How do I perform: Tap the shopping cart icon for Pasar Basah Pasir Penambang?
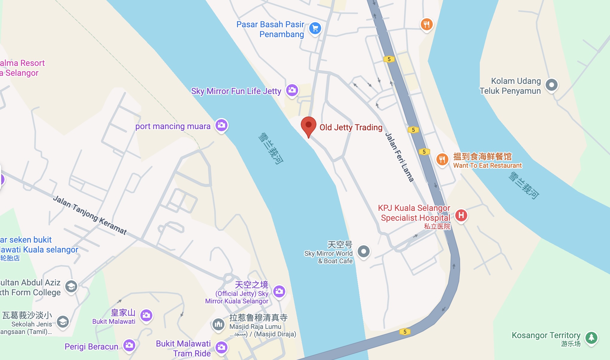click(315, 28)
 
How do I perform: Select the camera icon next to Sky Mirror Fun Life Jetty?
click(292, 90)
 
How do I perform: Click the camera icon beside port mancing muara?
click(221, 125)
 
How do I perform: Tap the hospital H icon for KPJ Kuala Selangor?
click(461, 215)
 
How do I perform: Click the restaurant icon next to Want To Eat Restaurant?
click(442, 159)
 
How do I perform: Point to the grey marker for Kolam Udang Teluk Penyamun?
click(551, 85)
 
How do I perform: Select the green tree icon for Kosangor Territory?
click(591, 338)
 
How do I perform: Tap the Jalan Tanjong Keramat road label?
click(90, 215)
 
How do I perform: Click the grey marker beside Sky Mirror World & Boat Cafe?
click(364, 251)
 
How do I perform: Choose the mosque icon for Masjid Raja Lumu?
click(218, 324)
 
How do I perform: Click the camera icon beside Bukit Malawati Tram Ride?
click(221, 347)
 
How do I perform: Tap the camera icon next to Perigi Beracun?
click(129, 345)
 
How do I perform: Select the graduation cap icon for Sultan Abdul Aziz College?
click(71, 287)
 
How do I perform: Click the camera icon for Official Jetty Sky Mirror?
click(279, 291)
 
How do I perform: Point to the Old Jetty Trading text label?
click(351, 128)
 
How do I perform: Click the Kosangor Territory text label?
click(546, 335)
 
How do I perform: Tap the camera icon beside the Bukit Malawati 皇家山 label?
click(146, 315)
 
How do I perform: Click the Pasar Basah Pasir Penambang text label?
click(270, 29)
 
